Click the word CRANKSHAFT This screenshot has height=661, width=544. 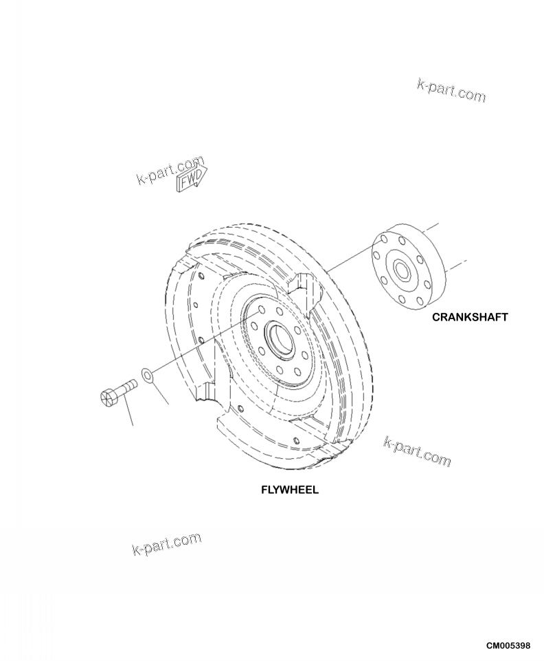[470, 317]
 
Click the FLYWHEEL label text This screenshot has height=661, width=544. [289, 491]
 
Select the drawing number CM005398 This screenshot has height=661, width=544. [508, 647]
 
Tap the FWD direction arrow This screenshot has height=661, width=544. [192, 177]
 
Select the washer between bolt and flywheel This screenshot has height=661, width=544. [148, 375]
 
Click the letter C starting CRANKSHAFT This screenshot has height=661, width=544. [436, 317]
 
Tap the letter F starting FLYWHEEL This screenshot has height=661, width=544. [263, 491]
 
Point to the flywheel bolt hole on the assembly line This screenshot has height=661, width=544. [262, 310]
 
